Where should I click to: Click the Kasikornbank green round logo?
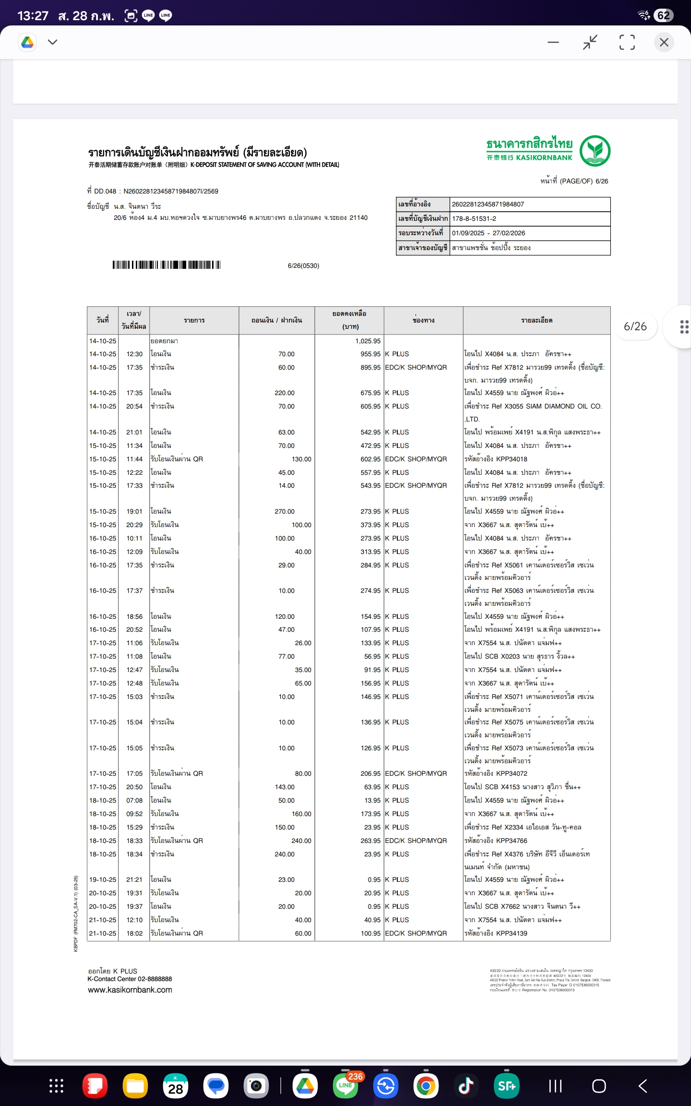595,151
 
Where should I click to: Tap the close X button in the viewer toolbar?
664,42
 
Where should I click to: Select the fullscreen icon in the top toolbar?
627,42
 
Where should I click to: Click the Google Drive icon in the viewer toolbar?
28,42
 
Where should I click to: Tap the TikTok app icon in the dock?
465,1086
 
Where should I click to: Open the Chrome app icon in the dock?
426,1086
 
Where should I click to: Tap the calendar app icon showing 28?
176,1086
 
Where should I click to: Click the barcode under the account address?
167,265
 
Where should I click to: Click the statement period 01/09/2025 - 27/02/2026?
488,233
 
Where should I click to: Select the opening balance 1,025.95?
368,341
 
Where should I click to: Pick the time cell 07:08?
134,801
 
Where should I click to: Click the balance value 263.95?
370,841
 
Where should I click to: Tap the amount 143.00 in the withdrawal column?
285,787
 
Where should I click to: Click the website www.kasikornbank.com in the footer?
130,990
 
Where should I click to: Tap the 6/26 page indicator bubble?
635,326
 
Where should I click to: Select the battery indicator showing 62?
663,15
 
